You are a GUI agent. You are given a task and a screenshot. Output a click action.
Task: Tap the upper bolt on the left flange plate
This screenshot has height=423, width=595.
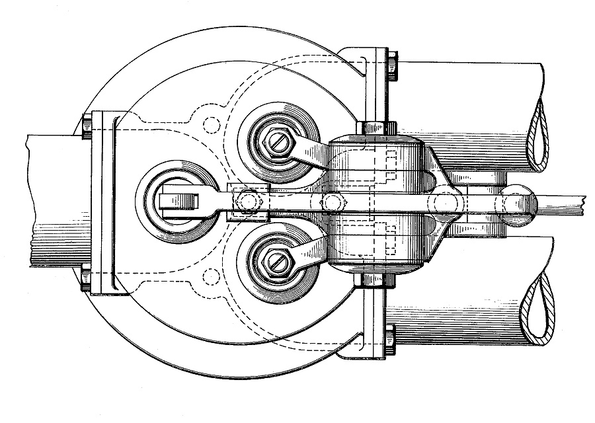click(x=86, y=126)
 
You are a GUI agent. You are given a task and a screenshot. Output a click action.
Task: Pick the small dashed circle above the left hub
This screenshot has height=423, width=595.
click(x=212, y=124)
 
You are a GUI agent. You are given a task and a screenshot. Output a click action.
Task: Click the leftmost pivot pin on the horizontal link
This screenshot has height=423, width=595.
click(x=247, y=200)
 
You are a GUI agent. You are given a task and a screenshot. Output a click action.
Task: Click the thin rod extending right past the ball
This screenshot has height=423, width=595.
click(x=562, y=200)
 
